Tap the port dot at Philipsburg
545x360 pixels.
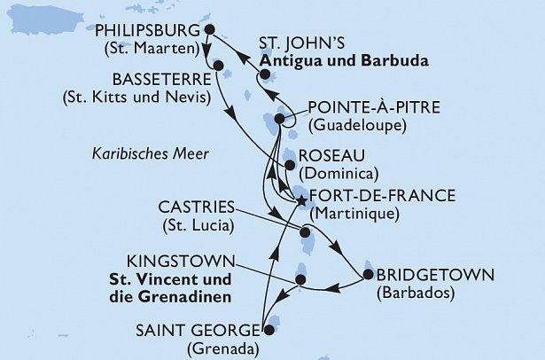click(209, 29)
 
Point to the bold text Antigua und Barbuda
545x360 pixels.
click(345, 62)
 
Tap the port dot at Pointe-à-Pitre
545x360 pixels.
click(280, 119)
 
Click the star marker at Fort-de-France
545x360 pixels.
click(301, 201)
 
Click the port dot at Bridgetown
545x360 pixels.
click(368, 274)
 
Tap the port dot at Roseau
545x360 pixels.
click(290, 163)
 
